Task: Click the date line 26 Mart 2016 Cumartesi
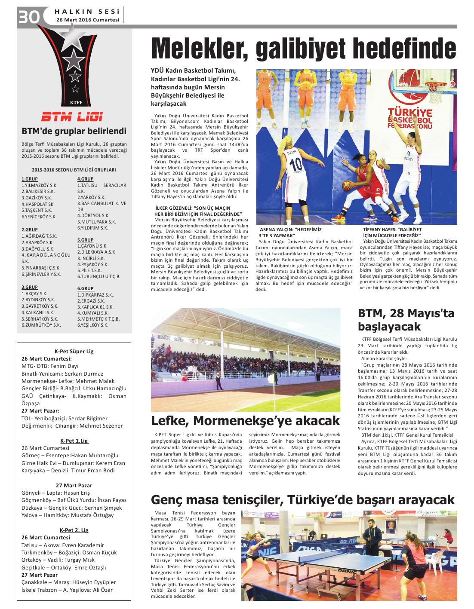[x=88, y=20]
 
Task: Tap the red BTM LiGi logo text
[x=72, y=117]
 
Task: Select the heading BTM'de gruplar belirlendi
[x=74, y=131]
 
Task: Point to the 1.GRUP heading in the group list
[x=30, y=179]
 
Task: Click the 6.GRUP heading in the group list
[x=85, y=288]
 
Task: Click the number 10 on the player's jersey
[x=296, y=165]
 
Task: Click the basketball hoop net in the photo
[x=435, y=96]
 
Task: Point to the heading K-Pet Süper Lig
[x=74, y=351]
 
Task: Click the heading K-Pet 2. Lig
[x=74, y=530]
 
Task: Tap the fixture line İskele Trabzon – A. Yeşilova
[x=67, y=590]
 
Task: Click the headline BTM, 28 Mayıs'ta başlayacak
[x=406, y=320]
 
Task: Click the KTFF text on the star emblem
[x=76, y=103]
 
